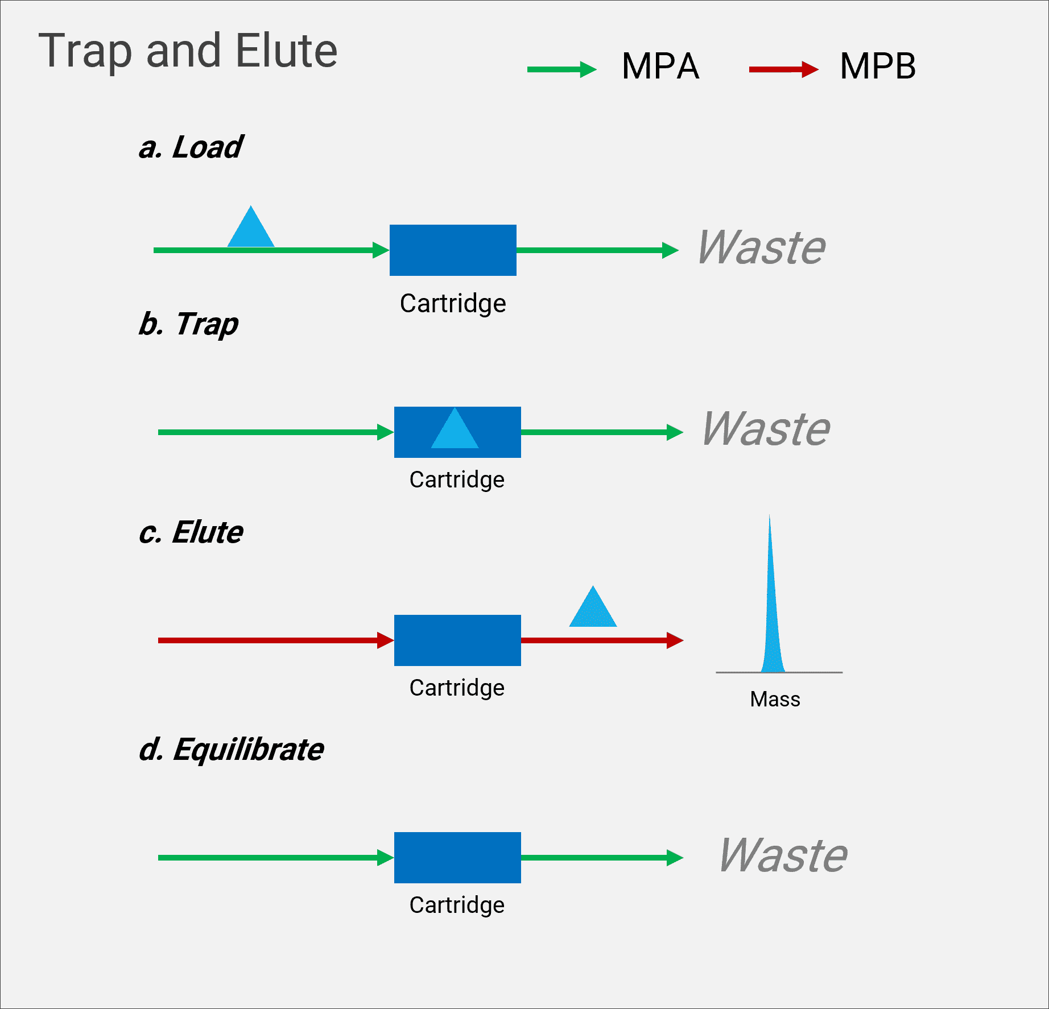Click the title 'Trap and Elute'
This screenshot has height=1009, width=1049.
pyautogui.click(x=188, y=51)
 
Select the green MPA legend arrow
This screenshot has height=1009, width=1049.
pyautogui.click(x=562, y=69)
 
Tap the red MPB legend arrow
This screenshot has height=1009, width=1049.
pyautogui.click(x=784, y=69)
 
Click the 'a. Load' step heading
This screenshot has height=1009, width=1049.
pyautogui.click(x=191, y=147)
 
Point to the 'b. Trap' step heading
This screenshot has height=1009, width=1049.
pyautogui.click(x=189, y=324)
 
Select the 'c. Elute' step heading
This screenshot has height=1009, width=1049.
pyautogui.click(x=191, y=532)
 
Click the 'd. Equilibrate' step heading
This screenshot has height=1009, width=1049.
pyautogui.click(x=232, y=750)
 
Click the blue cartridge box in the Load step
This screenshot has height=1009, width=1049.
pyautogui.click(x=453, y=250)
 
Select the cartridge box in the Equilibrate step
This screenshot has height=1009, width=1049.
pyautogui.click(x=457, y=858)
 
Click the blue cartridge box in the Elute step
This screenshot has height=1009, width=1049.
pyautogui.click(x=457, y=640)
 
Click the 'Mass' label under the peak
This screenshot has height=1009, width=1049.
pyautogui.click(x=775, y=699)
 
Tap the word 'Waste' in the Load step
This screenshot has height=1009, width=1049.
pyautogui.click(x=761, y=247)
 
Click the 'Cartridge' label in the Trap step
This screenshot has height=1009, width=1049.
pyautogui.click(x=457, y=480)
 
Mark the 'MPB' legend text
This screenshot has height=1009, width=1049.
pyautogui.click(x=878, y=66)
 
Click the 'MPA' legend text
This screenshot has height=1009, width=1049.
pyautogui.click(x=660, y=66)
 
